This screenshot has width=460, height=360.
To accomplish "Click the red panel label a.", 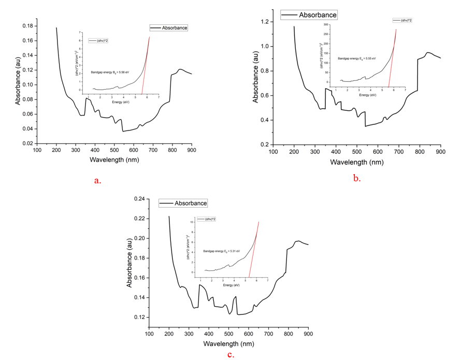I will [x=97, y=181].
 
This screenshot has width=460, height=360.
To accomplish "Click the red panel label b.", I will [x=357, y=178].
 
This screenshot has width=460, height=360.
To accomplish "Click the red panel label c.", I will [x=231, y=355].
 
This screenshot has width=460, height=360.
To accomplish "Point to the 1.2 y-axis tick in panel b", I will [x=266, y=22].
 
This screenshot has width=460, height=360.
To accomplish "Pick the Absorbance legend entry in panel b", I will [x=309, y=15].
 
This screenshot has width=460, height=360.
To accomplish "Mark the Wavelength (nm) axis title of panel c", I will [x=228, y=343].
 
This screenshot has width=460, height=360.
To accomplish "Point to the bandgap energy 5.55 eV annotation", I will [x=357, y=59].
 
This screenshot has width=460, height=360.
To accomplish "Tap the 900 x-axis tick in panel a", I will [x=192, y=150].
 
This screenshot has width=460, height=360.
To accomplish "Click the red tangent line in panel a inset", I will [x=145, y=67].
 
